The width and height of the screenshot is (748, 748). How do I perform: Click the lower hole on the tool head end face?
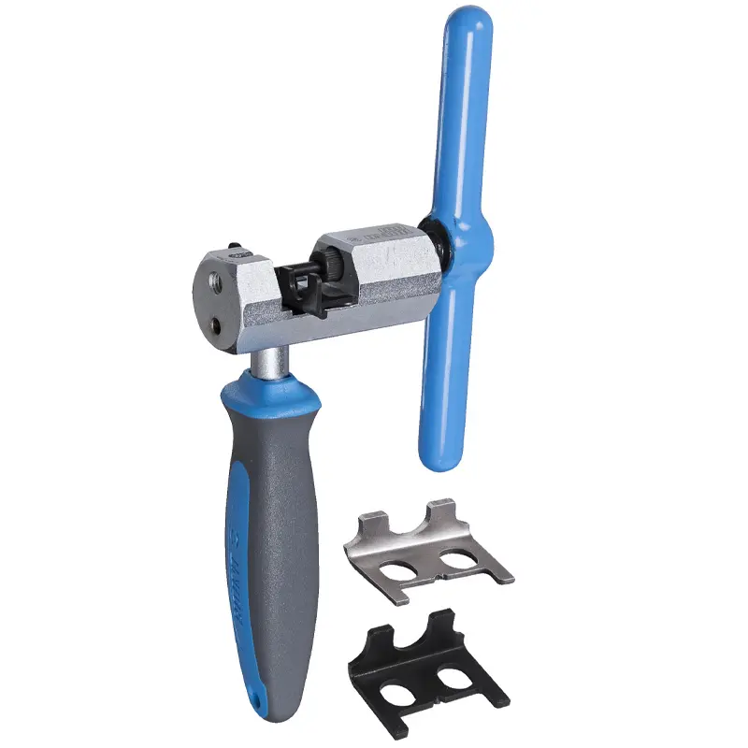tap(217, 324)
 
